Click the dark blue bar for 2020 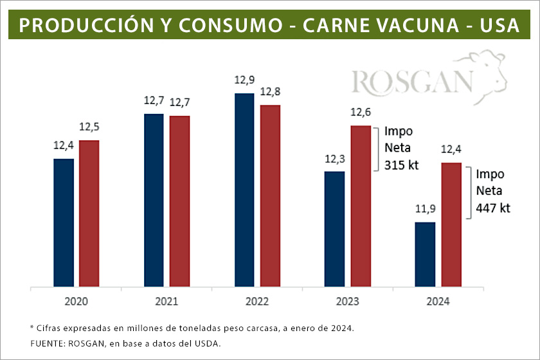[63, 222]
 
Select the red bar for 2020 [89, 213]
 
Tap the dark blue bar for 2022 [244, 190]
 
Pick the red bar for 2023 [361, 206]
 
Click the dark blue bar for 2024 [426, 254]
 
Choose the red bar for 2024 [451, 224]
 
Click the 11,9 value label [425, 209]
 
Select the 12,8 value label [270, 92]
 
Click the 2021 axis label [166, 301]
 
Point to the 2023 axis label [348, 301]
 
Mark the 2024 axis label [438, 301]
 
